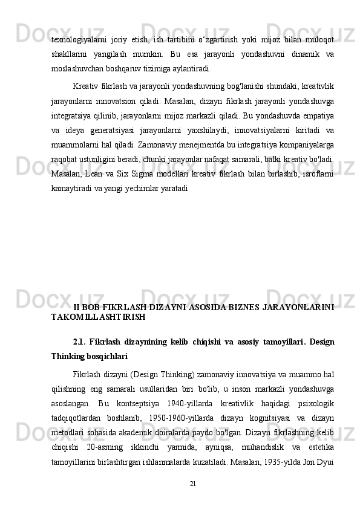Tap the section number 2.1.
pyautogui.click(x=79, y=342)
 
